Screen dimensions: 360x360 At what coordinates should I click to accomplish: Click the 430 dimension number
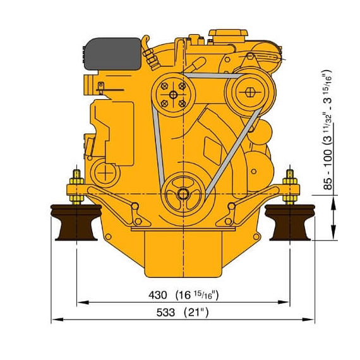point(157,295)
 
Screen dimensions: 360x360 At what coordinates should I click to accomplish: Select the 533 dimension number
point(165,313)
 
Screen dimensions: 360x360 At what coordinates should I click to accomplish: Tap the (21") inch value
point(196,313)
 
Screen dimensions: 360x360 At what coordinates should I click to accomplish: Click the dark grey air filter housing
point(113,54)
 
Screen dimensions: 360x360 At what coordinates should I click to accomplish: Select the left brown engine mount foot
point(76,222)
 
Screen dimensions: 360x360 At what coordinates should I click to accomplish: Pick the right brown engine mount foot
point(290,222)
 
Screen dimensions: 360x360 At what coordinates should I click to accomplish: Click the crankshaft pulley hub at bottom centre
point(183,195)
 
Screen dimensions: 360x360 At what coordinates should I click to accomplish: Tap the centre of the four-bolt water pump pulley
point(173,95)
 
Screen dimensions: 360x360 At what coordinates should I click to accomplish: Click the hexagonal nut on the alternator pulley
point(250,92)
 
